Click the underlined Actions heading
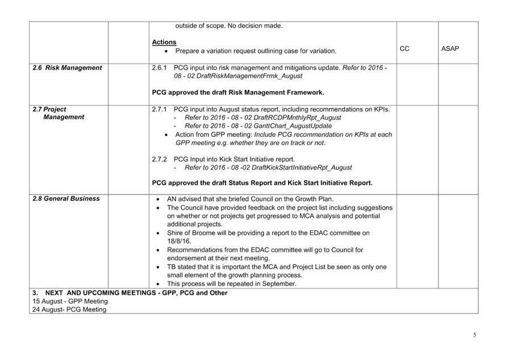coord(164,42)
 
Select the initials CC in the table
coord(404,49)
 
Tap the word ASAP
coord(450,49)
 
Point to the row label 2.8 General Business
coord(66,199)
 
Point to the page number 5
coord(475,335)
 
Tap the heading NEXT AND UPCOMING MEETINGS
coord(136,293)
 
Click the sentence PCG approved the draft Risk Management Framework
coord(238,92)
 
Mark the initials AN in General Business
coord(172,199)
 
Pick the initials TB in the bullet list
coord(172,267)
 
